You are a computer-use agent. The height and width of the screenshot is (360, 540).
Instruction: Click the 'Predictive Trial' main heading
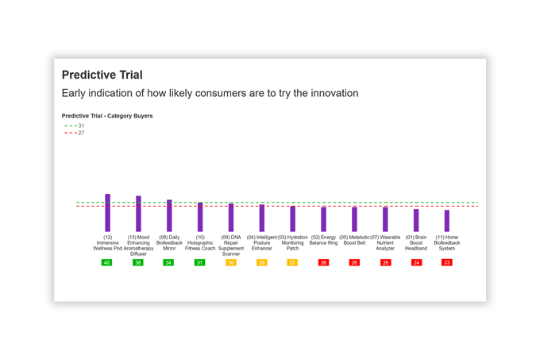[x=102, y=75]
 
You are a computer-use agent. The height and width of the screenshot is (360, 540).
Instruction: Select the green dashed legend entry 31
[x=75, y=126]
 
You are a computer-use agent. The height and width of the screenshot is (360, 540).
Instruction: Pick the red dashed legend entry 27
[x=75, y=133]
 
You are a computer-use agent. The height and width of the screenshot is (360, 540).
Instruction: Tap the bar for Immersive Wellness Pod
[x=108, y=213]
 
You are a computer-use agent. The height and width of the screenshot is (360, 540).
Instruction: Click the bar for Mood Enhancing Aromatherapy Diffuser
[x=138, y=214]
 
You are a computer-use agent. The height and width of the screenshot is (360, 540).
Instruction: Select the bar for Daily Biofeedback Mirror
[x=169, y=215]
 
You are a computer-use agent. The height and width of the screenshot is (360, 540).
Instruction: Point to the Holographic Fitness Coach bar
[x=200, y=217]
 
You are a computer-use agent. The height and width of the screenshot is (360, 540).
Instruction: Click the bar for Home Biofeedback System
[x=447, y=220]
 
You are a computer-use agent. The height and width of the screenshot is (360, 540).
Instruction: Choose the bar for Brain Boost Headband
[x=416, y=220]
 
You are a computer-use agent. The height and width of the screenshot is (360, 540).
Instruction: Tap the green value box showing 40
[x=107, y=262]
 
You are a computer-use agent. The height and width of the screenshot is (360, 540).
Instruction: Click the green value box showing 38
[x=138, y=262]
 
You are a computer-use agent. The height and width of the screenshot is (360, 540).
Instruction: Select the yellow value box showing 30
[x=231, y=262]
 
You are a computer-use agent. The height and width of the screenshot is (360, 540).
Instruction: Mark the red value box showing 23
[x=447, y=262]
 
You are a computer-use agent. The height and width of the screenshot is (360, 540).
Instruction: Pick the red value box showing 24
[x=416, y=262]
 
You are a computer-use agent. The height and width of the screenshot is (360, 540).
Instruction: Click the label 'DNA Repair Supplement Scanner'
[x=231, y=246]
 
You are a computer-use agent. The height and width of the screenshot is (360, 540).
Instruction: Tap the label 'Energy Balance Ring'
[x=323, y=240]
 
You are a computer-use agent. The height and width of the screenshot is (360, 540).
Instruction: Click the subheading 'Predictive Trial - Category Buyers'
[x=107, y=116]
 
